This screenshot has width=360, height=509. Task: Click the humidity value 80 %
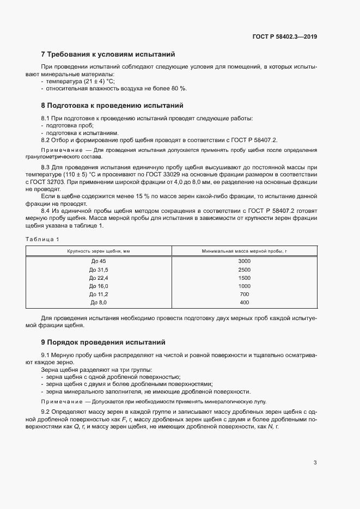pos(179,88)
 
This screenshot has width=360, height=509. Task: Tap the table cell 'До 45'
pos(99,261)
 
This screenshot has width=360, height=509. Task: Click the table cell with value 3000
pos(244,261)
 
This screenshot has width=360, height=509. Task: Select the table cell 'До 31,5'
pos(99,269)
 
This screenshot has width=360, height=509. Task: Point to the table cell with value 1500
pos(244,278)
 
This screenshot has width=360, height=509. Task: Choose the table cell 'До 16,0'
pos(99,286)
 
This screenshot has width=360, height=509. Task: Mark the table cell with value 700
pos(244,294)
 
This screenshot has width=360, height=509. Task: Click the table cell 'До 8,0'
pos(99,303)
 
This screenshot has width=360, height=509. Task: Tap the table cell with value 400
pos(244,303)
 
